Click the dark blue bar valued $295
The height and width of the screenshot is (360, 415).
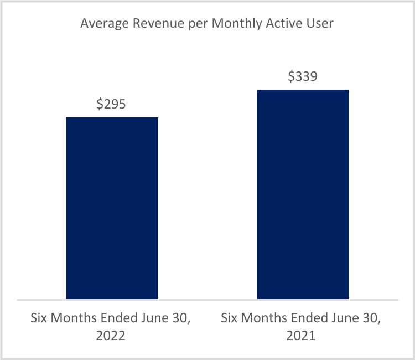click(112, 208)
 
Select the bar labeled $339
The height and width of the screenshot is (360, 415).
click(303, 194)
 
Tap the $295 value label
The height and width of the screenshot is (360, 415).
click(111, 104)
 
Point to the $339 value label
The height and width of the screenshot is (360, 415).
click(303, 76)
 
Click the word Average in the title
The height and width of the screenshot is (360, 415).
click(102, 24)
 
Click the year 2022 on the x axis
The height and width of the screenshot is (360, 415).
click(112, 336)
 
